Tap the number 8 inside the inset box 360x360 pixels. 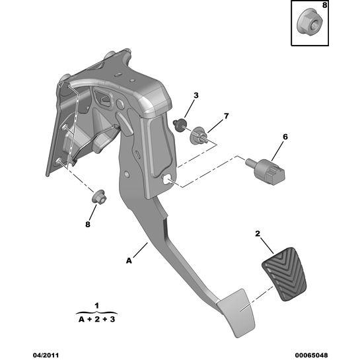click(x=324, y=5)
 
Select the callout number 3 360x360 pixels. click(x=196, y=95)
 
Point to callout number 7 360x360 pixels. click(x=227, y=116)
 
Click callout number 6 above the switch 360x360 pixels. click(x=285, y=137)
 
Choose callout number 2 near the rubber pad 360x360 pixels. click(x=258, y=233)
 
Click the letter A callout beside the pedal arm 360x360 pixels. click(x=129, y=261)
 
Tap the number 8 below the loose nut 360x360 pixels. click(x=88, y=224)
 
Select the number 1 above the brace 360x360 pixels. click(x=97, y=306)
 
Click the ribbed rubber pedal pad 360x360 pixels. click(x=284, y=274)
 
